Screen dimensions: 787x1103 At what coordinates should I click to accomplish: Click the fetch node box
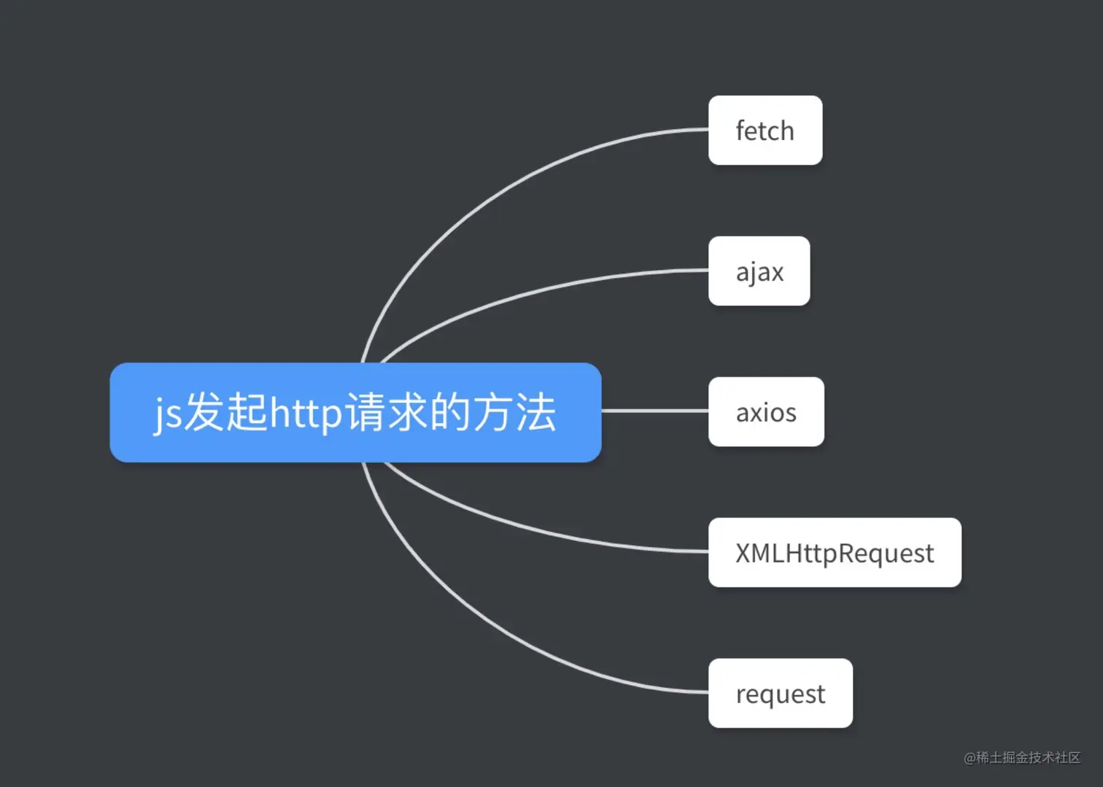coord(765,131)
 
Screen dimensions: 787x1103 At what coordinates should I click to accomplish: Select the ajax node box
coord(759,271)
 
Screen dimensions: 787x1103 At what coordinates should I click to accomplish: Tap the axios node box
coord(766,412)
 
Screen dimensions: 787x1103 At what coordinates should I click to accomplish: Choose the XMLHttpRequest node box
coord(834,553)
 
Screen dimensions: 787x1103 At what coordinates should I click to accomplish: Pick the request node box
coord(780,694)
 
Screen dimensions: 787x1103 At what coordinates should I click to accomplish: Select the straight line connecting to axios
coord(654,411)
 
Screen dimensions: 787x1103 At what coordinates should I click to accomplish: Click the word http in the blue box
coord(306,414)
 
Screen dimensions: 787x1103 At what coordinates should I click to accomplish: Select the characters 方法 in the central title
coord(514,412)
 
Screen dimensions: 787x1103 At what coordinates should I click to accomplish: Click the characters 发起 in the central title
coord(225,412)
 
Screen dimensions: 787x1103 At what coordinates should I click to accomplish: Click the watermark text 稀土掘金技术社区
coord(1029,758)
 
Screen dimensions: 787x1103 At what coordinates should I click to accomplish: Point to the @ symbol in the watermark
coord(970,759)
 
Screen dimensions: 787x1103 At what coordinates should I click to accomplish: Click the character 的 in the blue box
coord(450,412)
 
